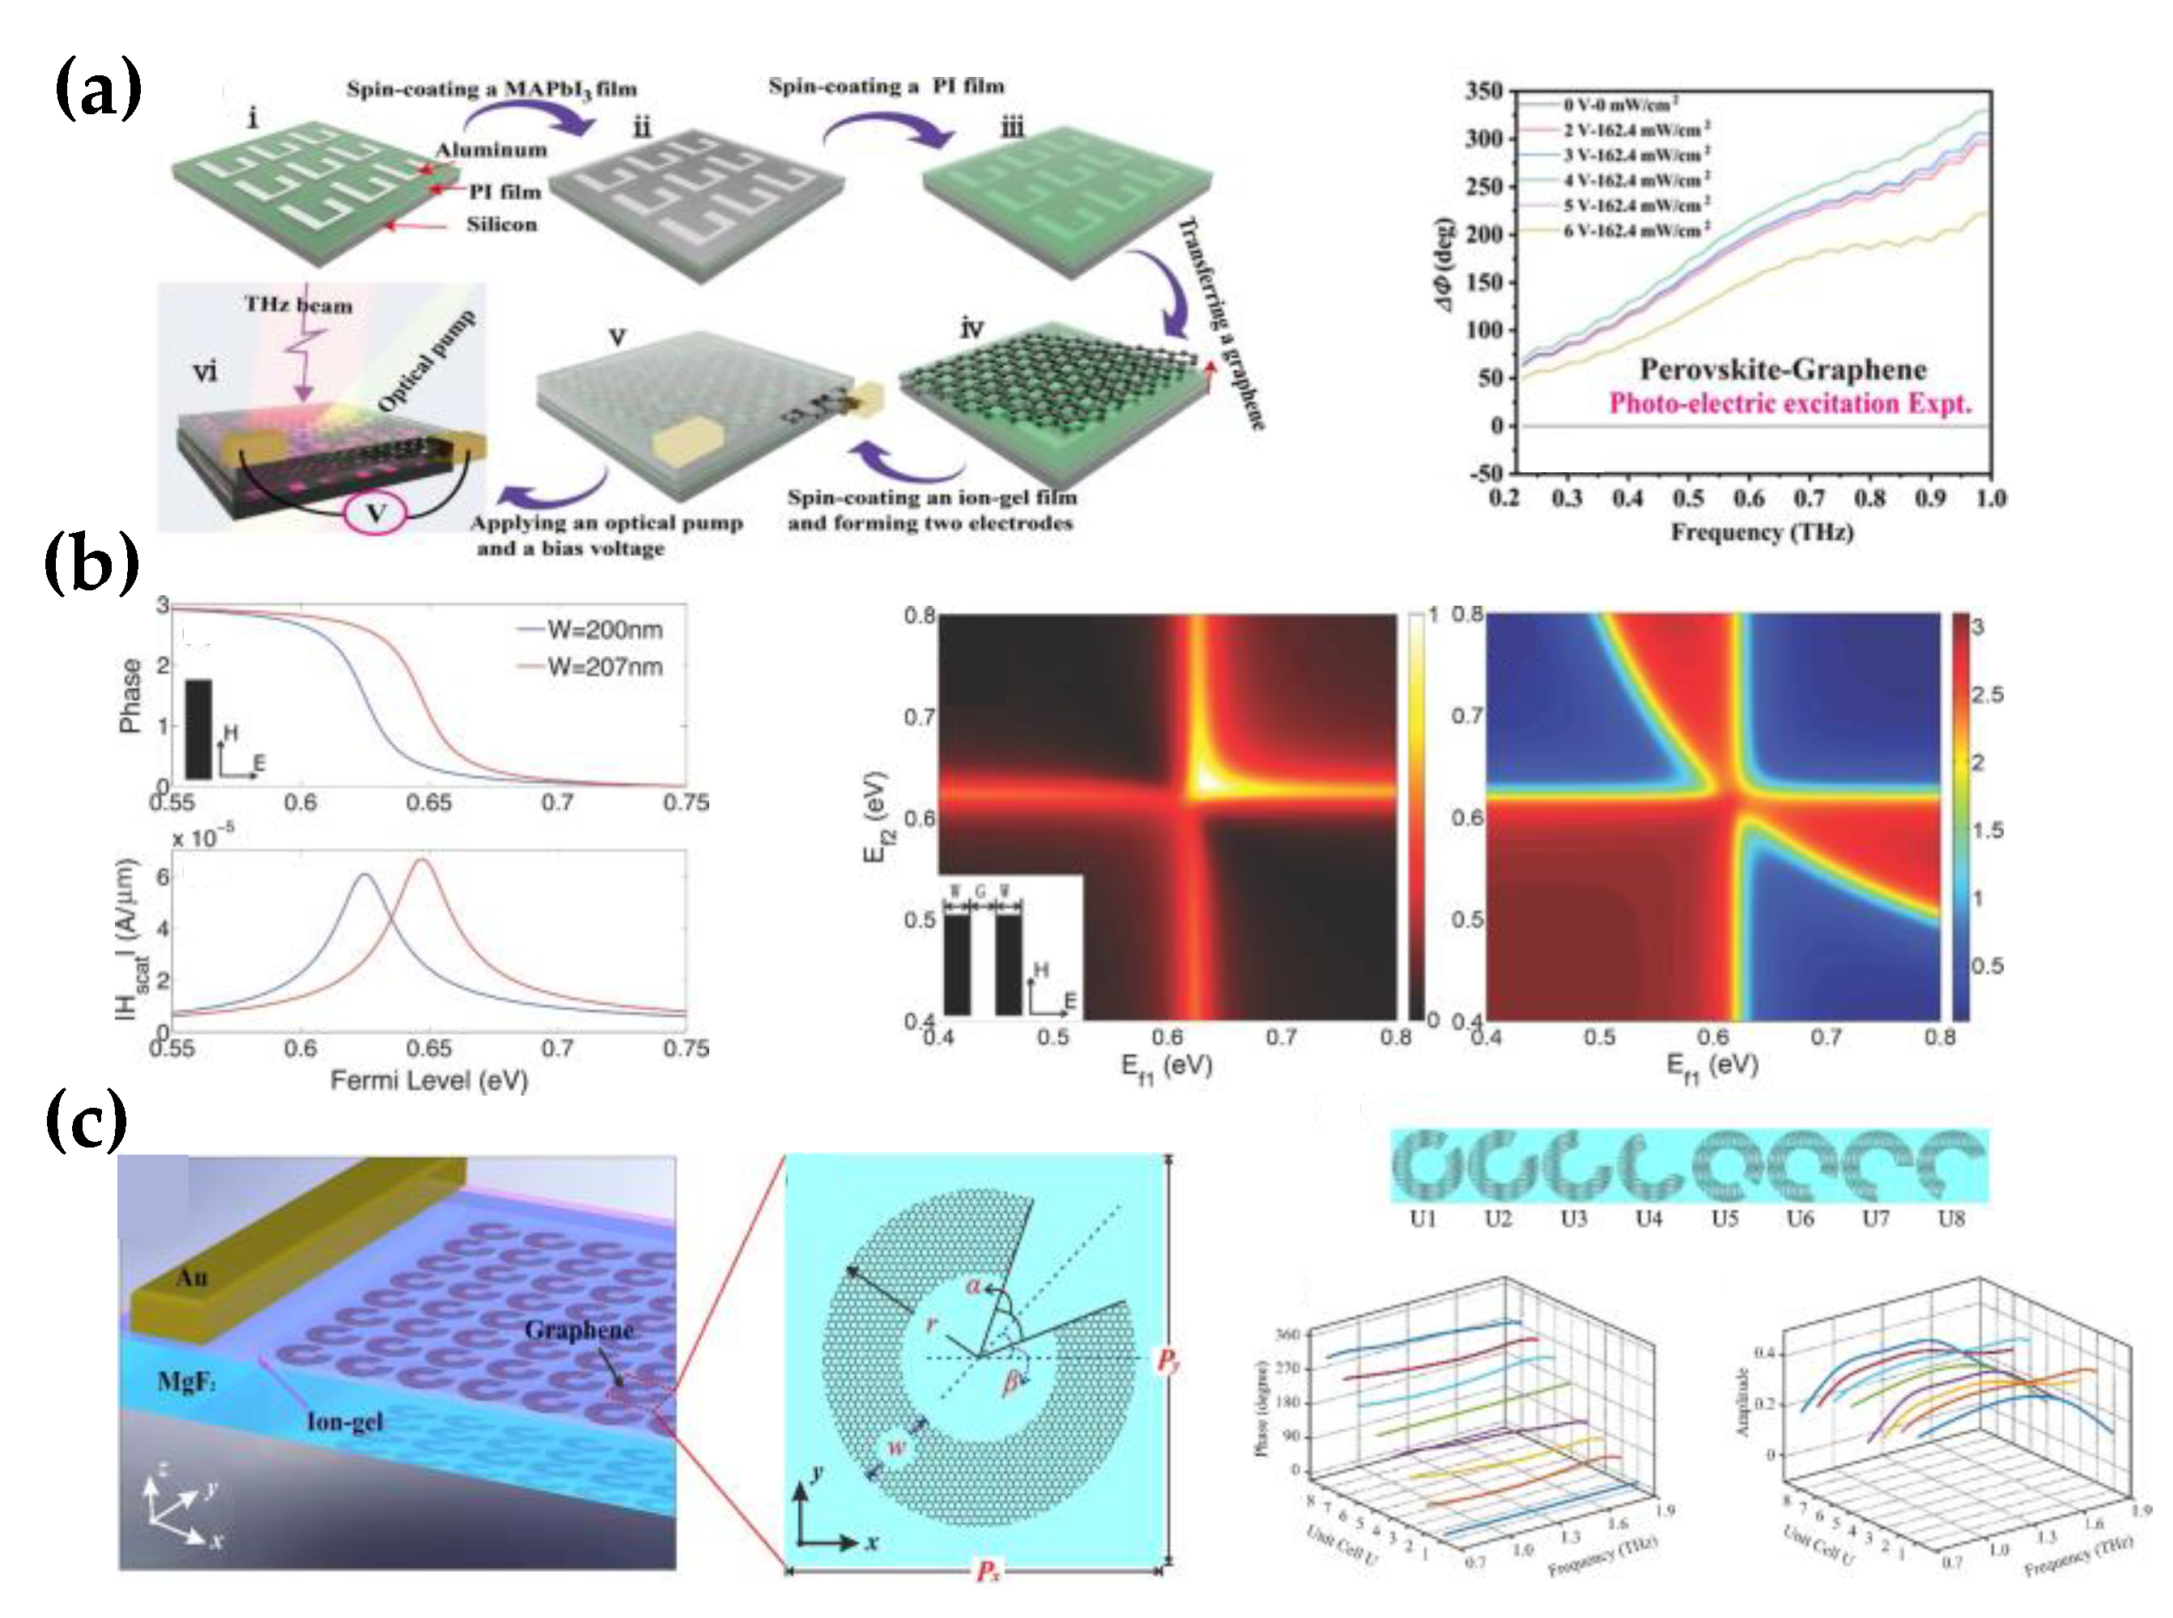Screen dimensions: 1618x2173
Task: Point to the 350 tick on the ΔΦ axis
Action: pos(1482,91)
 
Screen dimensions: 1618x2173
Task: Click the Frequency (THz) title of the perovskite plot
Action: pos(1761,532)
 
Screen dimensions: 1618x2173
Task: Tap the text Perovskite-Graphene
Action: pos(1782,369)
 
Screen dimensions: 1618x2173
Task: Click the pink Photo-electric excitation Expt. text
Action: pos(1789,403)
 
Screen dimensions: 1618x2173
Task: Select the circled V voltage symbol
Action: pos(375,513)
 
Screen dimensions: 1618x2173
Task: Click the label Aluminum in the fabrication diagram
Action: pos(491,150)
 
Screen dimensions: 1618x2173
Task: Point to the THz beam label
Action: pos(298,304)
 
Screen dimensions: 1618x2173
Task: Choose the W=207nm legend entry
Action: pos(603,667)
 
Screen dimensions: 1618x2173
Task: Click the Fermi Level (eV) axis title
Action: pos(429,1080)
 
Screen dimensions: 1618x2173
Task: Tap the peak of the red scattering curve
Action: pos(424,860)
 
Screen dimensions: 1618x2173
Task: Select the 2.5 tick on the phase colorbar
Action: pos(1987,694)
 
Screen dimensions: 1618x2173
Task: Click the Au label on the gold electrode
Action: pos(192,1277)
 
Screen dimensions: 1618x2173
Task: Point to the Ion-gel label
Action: pos(345,1421)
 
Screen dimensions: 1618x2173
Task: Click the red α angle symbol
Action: pos(972,1285)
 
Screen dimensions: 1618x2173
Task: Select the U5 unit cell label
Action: pos(1724,1219)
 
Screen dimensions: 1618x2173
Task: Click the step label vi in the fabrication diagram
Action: pos(205,370)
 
